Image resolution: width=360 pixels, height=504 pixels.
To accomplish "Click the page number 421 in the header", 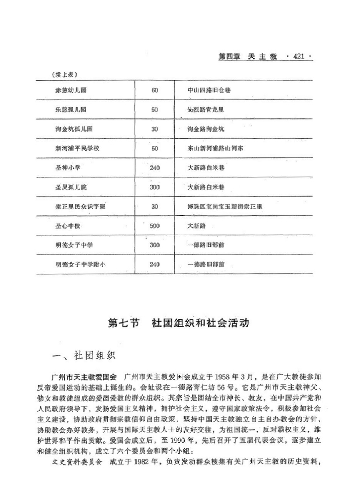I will click(x=298, y=57).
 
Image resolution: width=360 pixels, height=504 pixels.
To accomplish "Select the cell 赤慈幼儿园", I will click(x=71, y=90).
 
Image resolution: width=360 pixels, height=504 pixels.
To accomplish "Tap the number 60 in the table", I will click(x=155, y=90).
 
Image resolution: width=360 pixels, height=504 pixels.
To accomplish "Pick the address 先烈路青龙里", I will click(x=206, y=110).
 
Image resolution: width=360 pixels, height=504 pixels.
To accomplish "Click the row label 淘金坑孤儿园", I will click(x=74, y=129).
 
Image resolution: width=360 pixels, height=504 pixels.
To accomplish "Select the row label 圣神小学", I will click(x=68, y=168).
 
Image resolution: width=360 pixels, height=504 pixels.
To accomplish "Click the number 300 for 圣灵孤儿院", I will click(x=155, y=187).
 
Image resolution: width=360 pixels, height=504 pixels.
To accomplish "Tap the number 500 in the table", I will click(x=155, y=226).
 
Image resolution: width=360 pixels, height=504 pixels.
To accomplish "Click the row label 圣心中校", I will click(x=68, y=226).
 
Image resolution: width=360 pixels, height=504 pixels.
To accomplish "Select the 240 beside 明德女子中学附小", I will click(x=155, y=264).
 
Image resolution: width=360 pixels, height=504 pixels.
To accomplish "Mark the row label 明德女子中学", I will click(x=74, y=245).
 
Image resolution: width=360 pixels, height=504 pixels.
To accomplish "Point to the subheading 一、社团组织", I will click(x=83, y=356).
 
